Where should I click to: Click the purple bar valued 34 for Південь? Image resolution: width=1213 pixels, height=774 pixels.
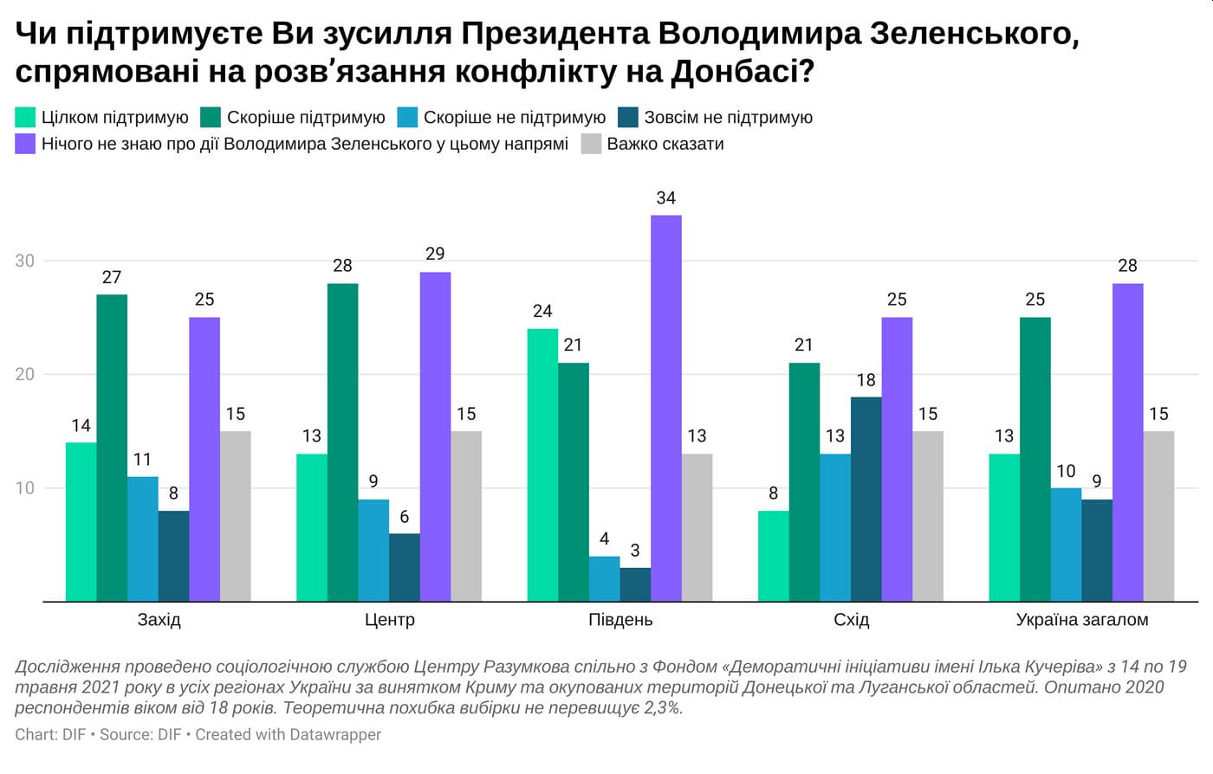(x=666, y=407)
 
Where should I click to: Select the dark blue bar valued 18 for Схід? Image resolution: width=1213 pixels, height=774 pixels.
(x=866, y=499)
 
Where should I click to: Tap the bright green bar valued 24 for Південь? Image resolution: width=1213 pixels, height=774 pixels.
(x=542, y=465)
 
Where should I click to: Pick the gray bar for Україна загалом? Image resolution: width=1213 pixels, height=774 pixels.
(x=1158, y=516)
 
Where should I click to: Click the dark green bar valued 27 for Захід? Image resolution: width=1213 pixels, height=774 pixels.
(x=112, y=448)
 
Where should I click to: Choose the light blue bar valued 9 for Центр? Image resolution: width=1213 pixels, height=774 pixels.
(x=373, y=550)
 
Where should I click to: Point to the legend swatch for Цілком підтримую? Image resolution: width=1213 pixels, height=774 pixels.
(x=26, y=118)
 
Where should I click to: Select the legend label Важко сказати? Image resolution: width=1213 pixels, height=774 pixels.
(x=665, y=144)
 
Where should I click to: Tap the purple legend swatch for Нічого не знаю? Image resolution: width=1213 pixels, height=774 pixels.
(x=26, y=144)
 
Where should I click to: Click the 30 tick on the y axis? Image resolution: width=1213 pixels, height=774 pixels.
(x=24, y=261)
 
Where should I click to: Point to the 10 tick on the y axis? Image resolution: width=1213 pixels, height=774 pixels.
(x=24, y=488)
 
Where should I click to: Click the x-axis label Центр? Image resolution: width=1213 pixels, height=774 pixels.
(x=389, y=620)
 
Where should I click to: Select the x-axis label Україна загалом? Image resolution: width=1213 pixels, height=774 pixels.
(x=1081, y=620)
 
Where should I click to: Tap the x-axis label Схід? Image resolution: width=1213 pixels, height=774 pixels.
(x=851, y=620)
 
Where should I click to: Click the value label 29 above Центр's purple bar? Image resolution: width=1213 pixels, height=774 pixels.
(x=435, y=254)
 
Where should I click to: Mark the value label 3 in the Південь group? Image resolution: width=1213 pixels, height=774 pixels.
(x=635, y=551)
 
